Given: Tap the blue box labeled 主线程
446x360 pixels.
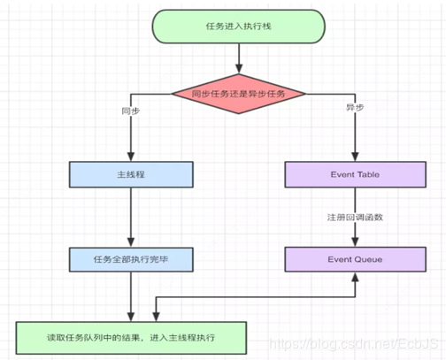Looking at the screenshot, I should pyautogui.click(x=130, y=174).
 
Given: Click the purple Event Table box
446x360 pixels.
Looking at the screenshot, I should pyautogui.click(x=356, y=174).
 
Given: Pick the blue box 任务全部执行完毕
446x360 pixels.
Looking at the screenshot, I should pyautogui.click(x=130, y=259).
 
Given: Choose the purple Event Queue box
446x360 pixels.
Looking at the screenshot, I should pyautogui.click(x=356, y=259).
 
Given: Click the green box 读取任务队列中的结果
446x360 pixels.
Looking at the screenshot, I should pyautogui.click(x=130, y=338).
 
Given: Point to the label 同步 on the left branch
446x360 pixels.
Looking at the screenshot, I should pyautogui.click(x=131, y=111).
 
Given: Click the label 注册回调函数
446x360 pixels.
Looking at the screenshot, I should pyautogui.click(x=356, y=217).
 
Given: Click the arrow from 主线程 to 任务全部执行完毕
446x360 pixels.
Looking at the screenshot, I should pyautogui.click(x=130, y=217).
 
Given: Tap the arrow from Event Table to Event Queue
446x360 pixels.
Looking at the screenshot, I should pyautogui.click(x=356, y=232).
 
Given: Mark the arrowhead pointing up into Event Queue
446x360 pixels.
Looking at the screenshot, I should pyautogui.click(x=356, y=277).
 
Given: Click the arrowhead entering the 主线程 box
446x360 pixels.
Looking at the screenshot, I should pyautogui.click(x=130, y=157).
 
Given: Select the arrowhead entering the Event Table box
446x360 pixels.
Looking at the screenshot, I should pyautogui.click(x=356, y=157).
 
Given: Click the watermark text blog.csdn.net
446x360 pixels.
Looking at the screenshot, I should pyautogui.click(x=354, y=343).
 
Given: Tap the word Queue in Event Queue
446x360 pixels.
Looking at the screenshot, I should pyautogui.click(x=368, y=259).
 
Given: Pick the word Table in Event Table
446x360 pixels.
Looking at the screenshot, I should pyautogui.click(x=367, y=174).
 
